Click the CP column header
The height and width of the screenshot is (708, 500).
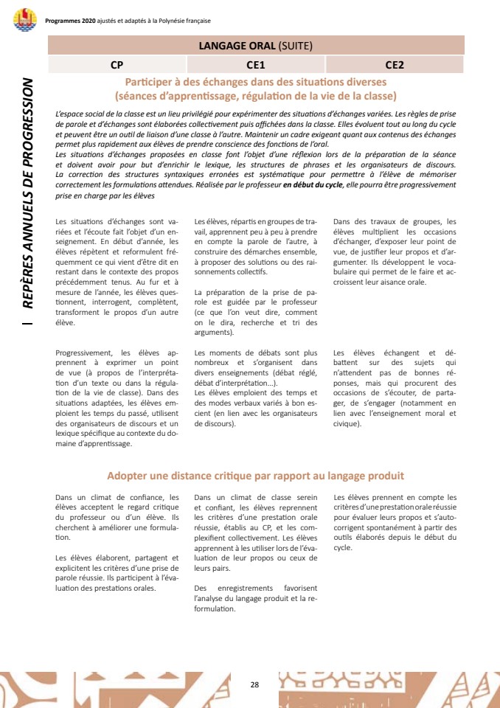[x=117, y=65]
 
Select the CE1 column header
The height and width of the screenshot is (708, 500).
[x=256, y=65]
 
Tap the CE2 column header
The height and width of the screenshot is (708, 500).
[x=395, y=65]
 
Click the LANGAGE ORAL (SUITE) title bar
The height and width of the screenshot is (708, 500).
[x=256, y=45]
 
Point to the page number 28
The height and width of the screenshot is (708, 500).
[x=254, y=684]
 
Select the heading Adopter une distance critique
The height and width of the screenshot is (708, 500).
[x=255, y=476]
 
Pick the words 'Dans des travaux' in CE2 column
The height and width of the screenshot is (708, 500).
[x=367, y=221]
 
